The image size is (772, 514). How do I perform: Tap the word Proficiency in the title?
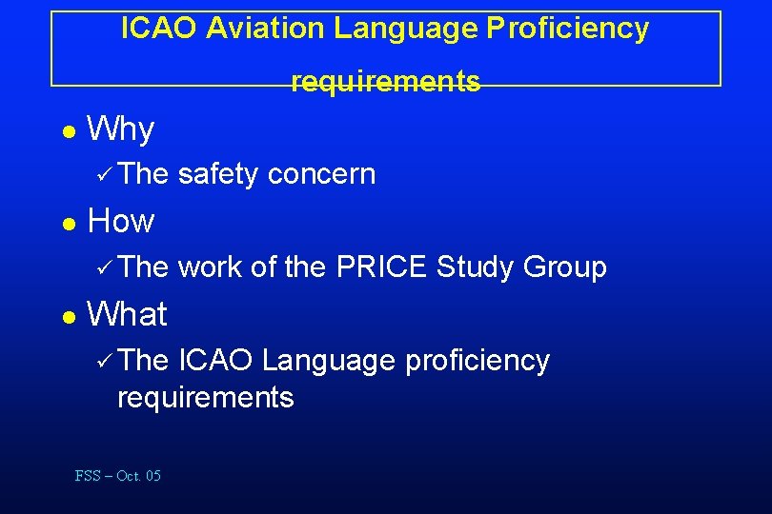(x=567, y=29)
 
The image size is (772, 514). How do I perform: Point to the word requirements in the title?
(x=386, y=82)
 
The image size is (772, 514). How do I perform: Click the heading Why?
(x=120, y=128)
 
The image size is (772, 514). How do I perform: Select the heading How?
(x=120, y=221)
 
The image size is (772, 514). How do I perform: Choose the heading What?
(x=127, y=313)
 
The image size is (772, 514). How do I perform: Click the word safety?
(x=218, y=174)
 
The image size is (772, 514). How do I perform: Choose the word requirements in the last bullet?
(x=205, y=397)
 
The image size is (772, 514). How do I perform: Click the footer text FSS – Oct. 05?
(x=118, y=476)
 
